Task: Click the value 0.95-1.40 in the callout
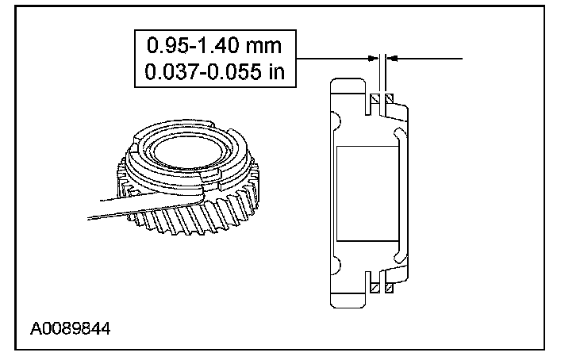193,45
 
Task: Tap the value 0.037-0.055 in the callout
203,71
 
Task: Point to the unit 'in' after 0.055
276,71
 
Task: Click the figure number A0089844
70,329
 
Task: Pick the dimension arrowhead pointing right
373,59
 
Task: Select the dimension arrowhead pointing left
392,59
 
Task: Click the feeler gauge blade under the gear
145,206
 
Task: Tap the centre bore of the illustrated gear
187,150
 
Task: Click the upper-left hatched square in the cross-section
375,99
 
